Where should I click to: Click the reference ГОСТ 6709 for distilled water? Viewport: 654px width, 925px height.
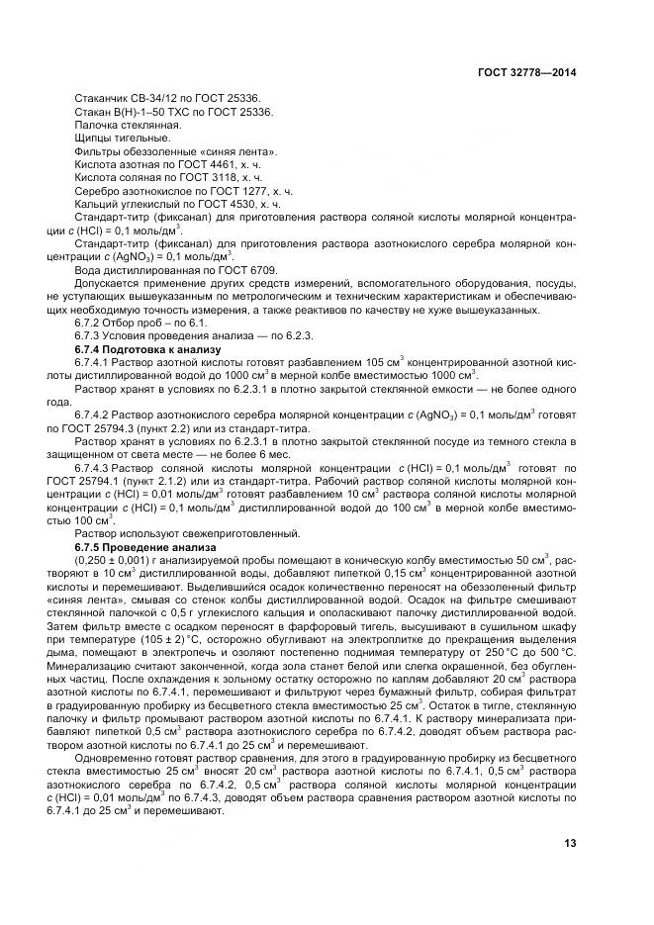tap(252, 270)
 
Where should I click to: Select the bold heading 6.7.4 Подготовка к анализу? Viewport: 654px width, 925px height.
tap(148, 350)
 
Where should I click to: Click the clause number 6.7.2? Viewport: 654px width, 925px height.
tap(92, 324)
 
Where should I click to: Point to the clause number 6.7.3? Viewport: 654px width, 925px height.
tap(92, 336)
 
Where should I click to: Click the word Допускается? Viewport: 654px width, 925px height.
tap(107, 284)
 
